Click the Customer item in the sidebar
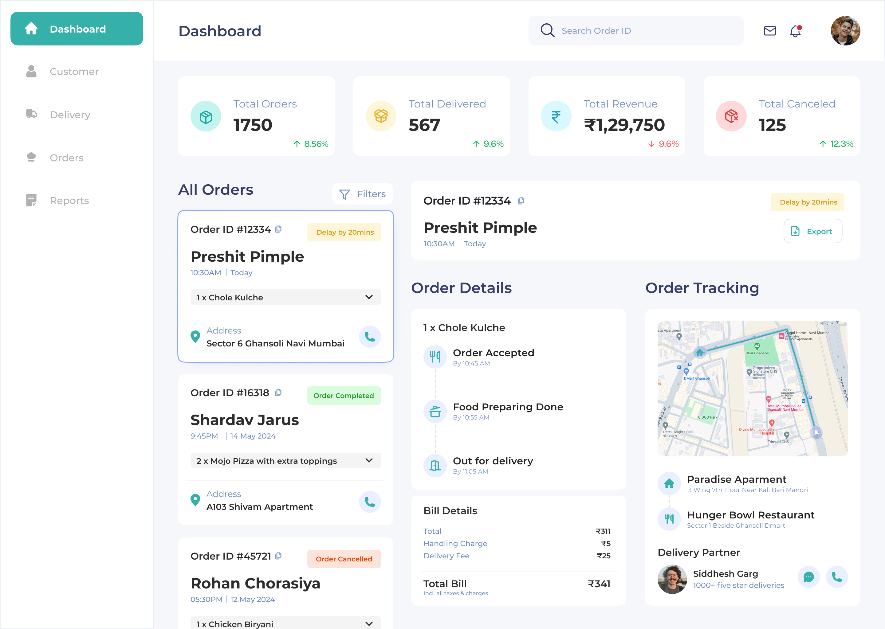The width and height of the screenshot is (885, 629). [74, 72]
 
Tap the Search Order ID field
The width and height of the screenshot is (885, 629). [635, 31]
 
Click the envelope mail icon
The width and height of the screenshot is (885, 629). [769, 31]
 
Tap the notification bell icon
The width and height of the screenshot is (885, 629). [795, 31]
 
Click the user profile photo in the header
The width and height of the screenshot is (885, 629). [845, 31]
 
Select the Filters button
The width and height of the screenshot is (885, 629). [362, 194]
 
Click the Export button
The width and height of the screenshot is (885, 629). [812, 231]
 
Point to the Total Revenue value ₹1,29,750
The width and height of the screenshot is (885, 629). [624, 125]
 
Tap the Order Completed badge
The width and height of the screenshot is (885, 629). [343, 396]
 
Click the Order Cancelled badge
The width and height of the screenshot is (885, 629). [343, 559]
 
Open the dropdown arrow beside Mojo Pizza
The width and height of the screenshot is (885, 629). [369, 460]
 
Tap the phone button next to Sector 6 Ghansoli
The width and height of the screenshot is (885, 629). [370, 337]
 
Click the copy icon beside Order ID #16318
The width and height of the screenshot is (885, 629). [278, 393]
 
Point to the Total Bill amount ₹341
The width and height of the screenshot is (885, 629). [599, 584]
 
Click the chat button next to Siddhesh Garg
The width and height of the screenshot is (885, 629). [808, 577]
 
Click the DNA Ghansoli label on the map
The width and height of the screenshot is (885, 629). [757, 353]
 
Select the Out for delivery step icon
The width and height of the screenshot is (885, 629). [435, 466]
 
